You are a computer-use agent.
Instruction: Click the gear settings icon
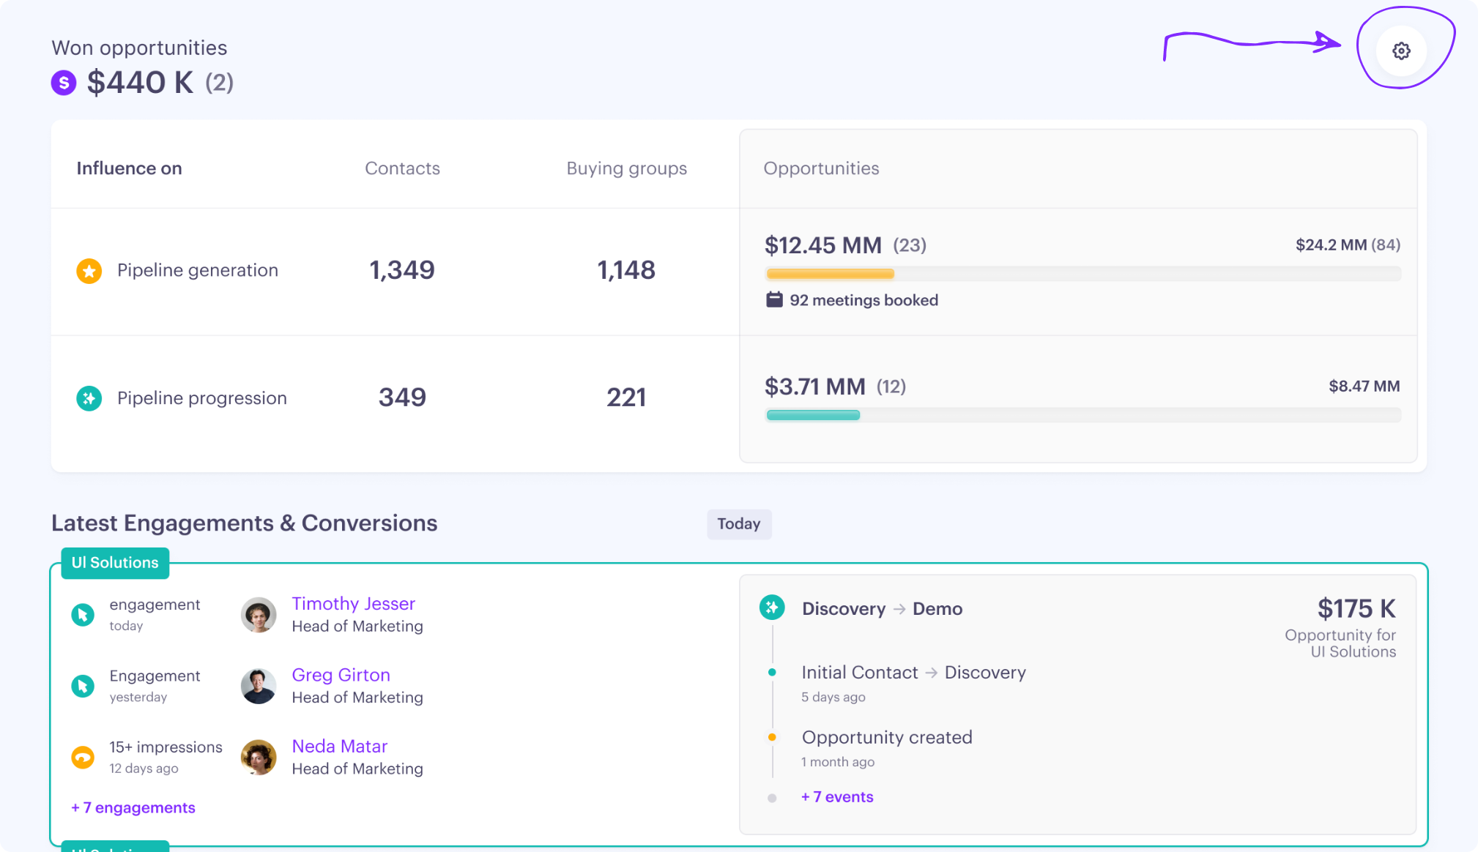point(1401,51)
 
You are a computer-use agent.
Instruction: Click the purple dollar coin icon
point(64,83)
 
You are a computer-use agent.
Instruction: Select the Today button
point(738,524)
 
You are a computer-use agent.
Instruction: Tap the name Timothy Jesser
point(353,604)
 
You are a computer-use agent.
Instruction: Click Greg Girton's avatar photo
point(259,686)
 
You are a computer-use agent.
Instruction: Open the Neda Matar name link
point(339,747)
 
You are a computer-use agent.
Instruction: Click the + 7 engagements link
point(133,808)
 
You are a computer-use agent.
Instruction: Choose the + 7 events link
point(837,797)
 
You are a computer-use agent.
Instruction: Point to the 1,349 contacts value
point(402,270)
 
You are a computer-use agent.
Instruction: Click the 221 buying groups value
point(626,397)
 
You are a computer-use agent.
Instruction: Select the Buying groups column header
point(626,168)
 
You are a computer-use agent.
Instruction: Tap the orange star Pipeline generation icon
point(89,271)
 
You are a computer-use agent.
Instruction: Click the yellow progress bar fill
point(830,274)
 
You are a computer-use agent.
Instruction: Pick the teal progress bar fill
point(813,415)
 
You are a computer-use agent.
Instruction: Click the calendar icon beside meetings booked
point(774,300)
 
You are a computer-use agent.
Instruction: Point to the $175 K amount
point(1356,608)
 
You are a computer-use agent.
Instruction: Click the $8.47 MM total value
point(1364,386)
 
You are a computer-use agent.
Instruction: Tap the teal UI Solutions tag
point(115,563)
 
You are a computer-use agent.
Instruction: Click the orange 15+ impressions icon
point(83,757)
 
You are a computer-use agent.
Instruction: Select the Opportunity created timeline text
point(887,738)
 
